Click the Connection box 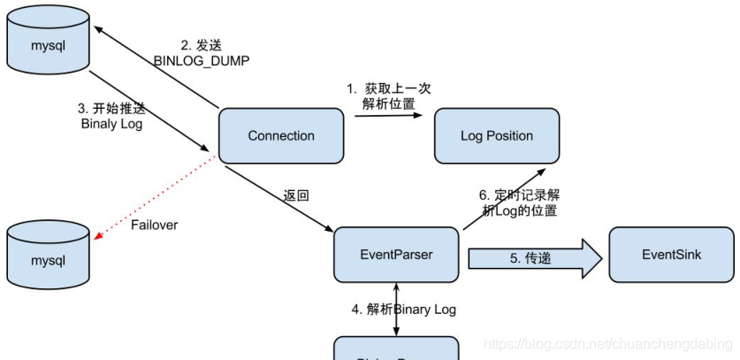pos(281,135)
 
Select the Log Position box pos(496,135)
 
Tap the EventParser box pos(396,255)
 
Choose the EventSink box pos(671,255)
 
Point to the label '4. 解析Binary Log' pos(404,309)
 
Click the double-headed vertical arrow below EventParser pos(396,309)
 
